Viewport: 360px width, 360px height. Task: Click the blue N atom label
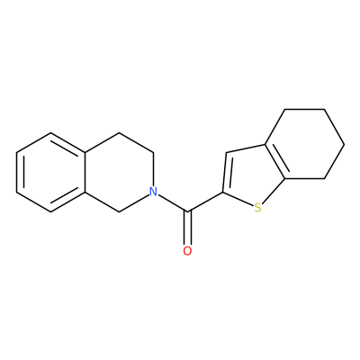click(153, 192)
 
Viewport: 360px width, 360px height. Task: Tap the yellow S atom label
click(257, 207)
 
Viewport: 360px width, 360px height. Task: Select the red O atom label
click(187, 251)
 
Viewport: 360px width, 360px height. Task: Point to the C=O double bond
click(187, 229)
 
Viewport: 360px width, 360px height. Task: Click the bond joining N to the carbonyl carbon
click(173, 203)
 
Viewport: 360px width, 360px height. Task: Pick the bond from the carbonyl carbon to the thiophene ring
click(205, 202)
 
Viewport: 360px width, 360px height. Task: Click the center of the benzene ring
click(51, 172)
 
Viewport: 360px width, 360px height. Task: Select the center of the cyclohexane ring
click(305, 144)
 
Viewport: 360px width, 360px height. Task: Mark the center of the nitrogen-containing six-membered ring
click(120, 172)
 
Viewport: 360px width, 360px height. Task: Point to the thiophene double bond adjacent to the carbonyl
click(225, 172)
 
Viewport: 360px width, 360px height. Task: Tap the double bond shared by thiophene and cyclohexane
click(275, 162)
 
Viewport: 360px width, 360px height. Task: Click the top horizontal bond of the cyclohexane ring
click(304, 109)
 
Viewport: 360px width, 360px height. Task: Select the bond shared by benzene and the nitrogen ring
click(85, 172)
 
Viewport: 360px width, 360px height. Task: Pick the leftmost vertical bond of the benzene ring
click(16, 172)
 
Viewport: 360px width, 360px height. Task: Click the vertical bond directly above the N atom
click(154, 169)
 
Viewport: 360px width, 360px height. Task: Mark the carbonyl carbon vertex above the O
click(188, 212)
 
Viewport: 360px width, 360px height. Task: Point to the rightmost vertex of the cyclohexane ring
click(345, 144)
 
